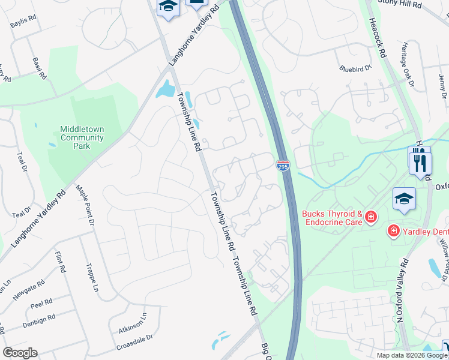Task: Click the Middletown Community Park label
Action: (x=82, y=137)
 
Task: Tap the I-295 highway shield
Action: (x=283, y=165)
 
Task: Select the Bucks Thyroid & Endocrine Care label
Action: (x=332, y=218)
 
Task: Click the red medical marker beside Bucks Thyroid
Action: (x=371, y=216)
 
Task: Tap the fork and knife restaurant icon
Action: (x=420, y=161)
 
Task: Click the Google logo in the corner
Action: (x=20, y=353)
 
